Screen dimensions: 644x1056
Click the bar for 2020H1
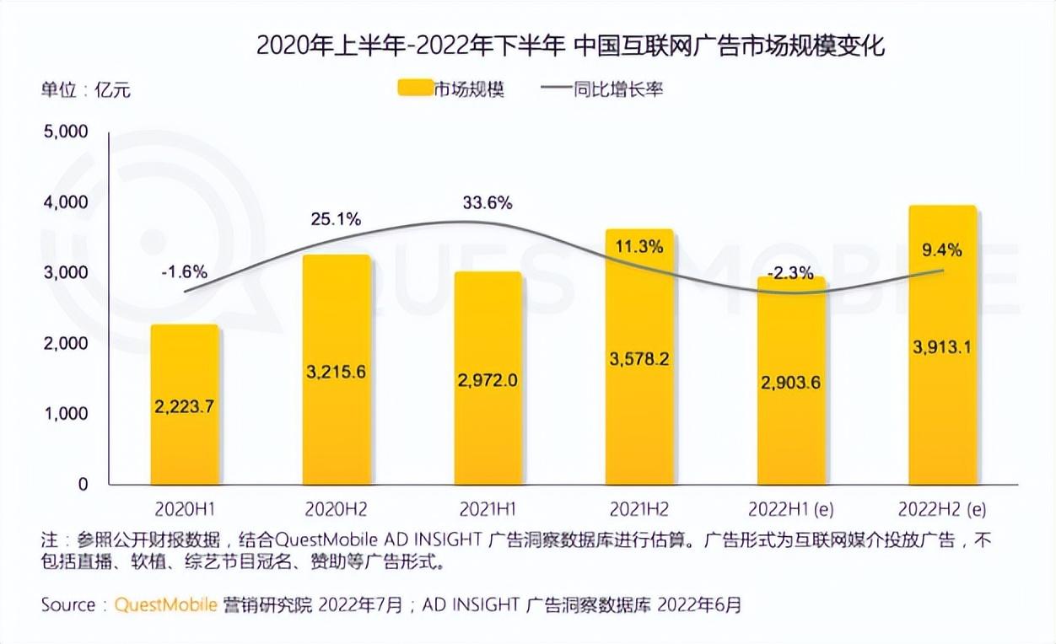(x=185, y=405)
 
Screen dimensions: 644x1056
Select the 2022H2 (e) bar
(x=941, y=346)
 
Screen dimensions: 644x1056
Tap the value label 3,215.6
(x=337, y=372)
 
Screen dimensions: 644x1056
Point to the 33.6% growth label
(x=488, y=203)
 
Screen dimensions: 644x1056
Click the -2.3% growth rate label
(x=790, y=272)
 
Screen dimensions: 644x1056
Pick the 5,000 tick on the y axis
(x=65, y=131)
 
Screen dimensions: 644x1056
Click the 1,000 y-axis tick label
(x=65, y=414)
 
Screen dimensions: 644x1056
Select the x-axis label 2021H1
(x=488, y=510)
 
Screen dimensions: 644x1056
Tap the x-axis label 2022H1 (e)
(x=790, y=510)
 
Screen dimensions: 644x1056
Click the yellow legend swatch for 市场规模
(x=413, y=89)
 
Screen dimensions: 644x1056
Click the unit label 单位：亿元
(x=85, y=89)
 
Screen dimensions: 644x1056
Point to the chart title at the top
(x=570, y=46)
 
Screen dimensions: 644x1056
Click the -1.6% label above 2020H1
(x=185, y=272)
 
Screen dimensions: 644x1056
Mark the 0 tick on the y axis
(x=83, y=485)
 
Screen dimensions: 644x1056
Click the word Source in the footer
(x=68, y=604)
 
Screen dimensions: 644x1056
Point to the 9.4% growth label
(x=941, y=250)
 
